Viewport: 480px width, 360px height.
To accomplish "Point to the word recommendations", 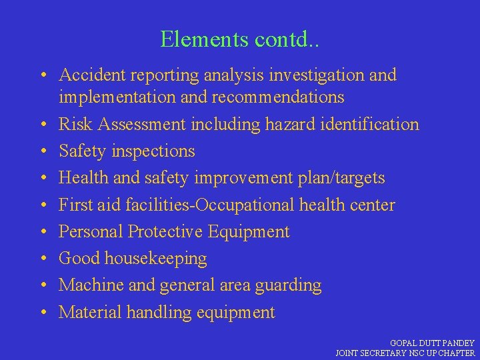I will [278, 97].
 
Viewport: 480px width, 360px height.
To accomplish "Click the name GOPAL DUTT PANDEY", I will [432, 343].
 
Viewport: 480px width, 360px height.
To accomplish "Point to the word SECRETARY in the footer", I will [385, 353].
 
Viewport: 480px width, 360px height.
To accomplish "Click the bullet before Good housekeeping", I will [42, 259].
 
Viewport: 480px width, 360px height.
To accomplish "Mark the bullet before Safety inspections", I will [42, 151].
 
